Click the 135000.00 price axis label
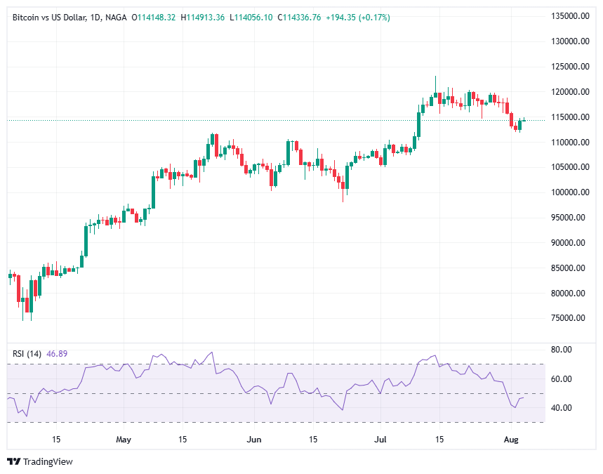point(570,16)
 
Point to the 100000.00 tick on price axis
point(570,192)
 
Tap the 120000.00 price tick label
point(570,92)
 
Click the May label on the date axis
point(124,440)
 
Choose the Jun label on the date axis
point(254,440)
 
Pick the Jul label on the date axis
point(380,440)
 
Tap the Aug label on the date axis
point(512,440)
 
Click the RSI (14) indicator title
point(27,353)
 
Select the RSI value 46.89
point(57,353)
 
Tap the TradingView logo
point(40,461)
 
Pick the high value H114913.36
point(203,17)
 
